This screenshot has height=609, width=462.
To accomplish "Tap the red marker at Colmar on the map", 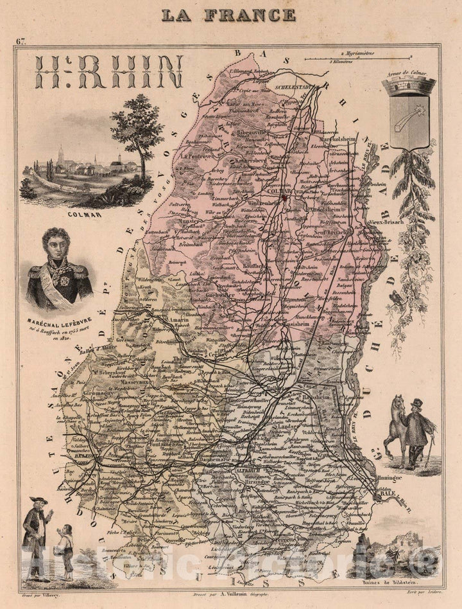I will (x=284, y=197).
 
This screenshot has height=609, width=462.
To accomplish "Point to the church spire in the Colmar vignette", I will (x=60, y=154).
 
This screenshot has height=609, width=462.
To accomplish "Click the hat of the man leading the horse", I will (x=417, y=403).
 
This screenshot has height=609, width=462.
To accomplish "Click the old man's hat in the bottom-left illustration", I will (x=37, y=502).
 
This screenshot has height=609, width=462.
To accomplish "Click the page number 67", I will (x=22, y=42).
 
